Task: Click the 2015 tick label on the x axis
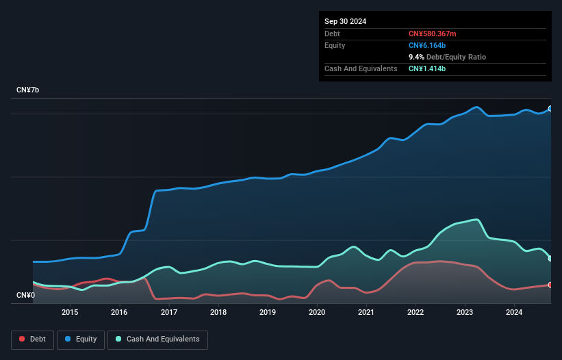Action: pyautogui.click(x=70, y=313)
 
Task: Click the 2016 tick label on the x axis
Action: pyautogui.click(x=120, y=313)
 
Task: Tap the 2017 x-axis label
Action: pyautogui.click(x=169, y=313)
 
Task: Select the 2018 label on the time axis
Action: pyautogui.click(x=218, y=313)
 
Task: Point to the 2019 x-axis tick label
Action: pyautogui.click(x=268, y=313)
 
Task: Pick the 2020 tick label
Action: pyautogui.click(x=317, y=313)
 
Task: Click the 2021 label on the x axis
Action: pyautogui.click(x=366, y=313)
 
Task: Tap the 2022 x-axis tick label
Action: pyautogui.click(x=416, y=313)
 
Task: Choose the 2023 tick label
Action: pyautogui.click(x=465, y=313)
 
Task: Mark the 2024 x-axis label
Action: pyautogui.click(x=514, y=313)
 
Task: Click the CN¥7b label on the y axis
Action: pyautogui.click(x=29, y=90)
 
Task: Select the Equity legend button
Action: pyautogui.click(x=81, y=339)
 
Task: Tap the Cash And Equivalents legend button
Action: pyautogui.click(x=157, y=339)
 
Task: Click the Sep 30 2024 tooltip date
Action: pyautogui.click(x=345, y=21)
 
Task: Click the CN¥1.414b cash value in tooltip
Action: pyautogui.click(x=427, y=68)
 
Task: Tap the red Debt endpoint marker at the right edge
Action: pyautogui.click(x=550, y=285)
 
